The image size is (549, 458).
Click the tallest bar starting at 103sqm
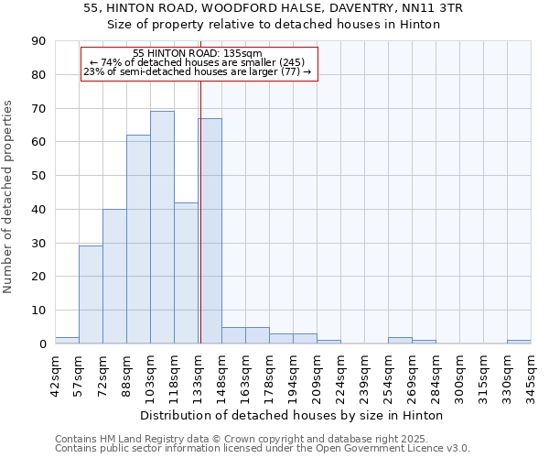[x=162, y=227]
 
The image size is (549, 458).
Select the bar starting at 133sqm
[x=210, y=231]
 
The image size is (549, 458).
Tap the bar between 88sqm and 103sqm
[x=138, y=239]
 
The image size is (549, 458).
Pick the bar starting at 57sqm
[x=91, y=295]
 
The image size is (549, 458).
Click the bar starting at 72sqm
[x=114, y=277]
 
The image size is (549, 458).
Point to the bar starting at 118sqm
[x=186, y=273]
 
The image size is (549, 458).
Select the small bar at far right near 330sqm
[x=519, y=342]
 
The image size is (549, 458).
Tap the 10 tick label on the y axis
[x=38, y=311]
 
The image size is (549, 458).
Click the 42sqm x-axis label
[x=55, y=373]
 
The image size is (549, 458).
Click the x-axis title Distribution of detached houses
[x=292, y=415]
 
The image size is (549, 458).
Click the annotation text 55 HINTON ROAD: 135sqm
[x=198, y=53]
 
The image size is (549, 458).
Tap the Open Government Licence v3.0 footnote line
[x=262, y=449]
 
